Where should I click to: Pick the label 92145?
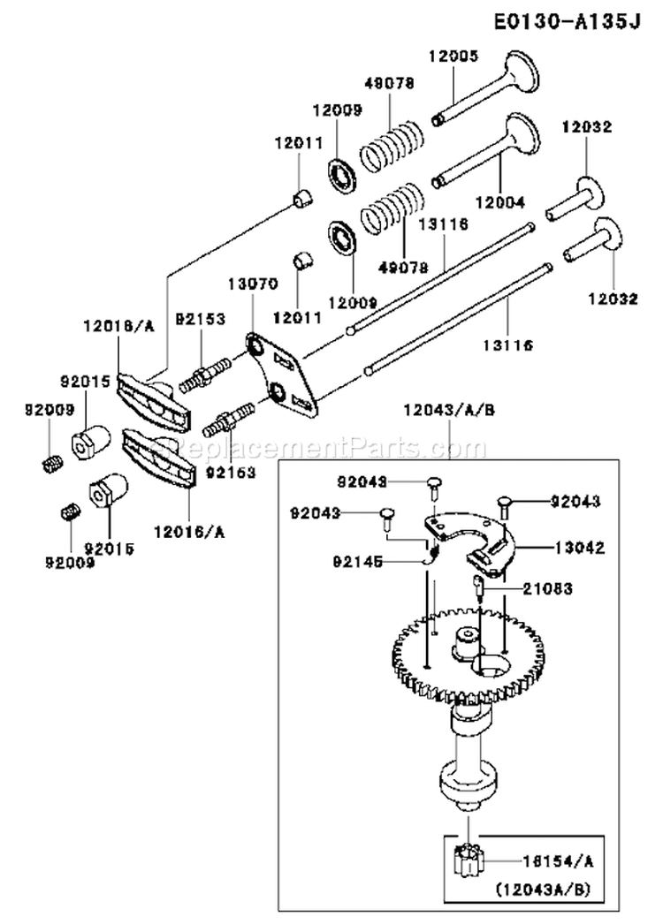coord(361,559)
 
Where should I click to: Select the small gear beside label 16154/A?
coord(465,861)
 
